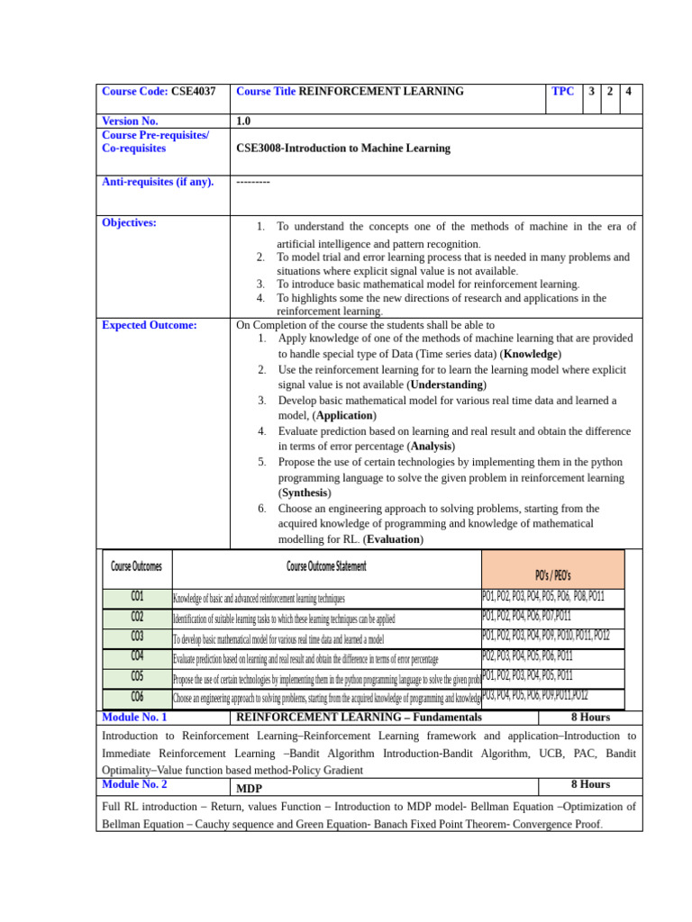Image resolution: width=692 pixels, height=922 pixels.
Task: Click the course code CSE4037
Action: [x=193, y=92]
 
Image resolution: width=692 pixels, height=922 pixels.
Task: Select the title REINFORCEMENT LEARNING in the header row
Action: [x=381, y=92]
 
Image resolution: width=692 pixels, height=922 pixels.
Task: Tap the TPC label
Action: [x=561, y=92]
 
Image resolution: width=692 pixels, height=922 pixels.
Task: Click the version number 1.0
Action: [x=243, y=121]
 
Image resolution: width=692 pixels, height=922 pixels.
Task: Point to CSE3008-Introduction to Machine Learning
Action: [x=342, y=149]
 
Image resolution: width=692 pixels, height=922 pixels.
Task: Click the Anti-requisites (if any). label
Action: [x=159, y=182]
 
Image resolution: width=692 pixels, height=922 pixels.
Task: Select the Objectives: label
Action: [x=129, y=223]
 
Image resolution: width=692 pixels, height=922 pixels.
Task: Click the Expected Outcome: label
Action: [x=150, y=326]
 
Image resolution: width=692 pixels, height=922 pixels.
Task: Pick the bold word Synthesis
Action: [x=305, y=493]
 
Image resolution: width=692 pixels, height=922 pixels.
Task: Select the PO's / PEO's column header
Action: [x=552, y=575]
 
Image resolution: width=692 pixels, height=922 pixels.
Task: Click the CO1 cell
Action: [x=137, y=597]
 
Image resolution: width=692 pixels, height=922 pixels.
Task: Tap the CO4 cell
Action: [x=137, y=656]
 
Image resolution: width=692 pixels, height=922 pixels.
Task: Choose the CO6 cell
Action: [x=137, y=697]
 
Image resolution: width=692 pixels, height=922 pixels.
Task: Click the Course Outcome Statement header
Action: [x=326, y=567]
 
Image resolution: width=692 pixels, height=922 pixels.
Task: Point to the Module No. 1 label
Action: [x=134, y=719]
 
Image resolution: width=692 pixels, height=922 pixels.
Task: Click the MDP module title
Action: [x=249, y=789]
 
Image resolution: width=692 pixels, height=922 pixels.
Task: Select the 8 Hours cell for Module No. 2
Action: [x=590, y=785]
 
